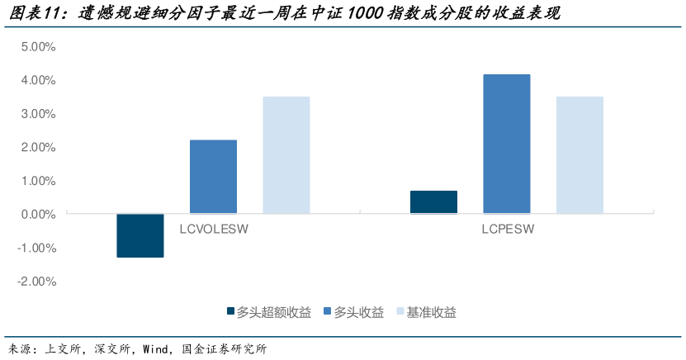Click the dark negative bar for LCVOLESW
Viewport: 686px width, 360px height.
point(140,235)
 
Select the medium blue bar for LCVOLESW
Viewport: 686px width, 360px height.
point(213,177)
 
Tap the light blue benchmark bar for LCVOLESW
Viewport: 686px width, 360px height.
point(286,155)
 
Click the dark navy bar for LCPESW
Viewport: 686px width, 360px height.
point(433,202)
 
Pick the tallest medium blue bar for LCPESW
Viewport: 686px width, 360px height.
point(507,144)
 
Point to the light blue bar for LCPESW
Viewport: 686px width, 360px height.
point(580,155)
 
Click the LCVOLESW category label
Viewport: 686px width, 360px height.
point(214,230)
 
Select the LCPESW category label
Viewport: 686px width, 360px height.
point(507,230)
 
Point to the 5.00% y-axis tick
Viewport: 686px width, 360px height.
point(38,47)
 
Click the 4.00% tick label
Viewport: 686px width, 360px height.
point(38,80)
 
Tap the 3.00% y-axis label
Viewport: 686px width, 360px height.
point(38,114)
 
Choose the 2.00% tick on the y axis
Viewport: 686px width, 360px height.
point(38,147)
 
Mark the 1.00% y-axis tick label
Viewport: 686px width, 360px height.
point(38,181)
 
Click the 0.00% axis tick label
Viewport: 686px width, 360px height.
point(38,215)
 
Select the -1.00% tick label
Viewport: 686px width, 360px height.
point(36,248)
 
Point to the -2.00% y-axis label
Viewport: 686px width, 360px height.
point(36,282)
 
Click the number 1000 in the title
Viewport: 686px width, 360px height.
point(361,14)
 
